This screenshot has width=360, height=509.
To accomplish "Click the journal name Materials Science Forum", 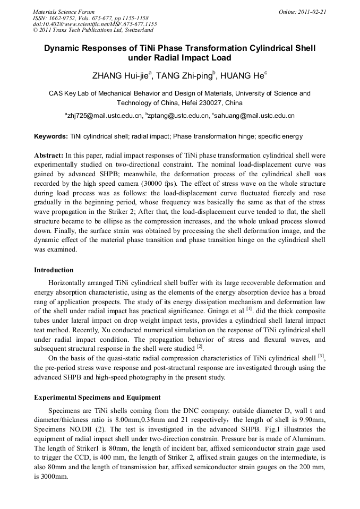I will click(x=64, y=11).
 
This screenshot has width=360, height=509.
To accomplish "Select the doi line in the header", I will click(x=95, y=24).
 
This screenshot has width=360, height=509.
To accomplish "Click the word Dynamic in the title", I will click(x=62, y=48).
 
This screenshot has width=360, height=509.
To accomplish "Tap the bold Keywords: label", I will click(x=51, y=136).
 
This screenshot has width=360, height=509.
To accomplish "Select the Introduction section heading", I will click(x=54, y=270).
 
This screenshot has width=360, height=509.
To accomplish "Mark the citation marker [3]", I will click(x=321, y=356).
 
